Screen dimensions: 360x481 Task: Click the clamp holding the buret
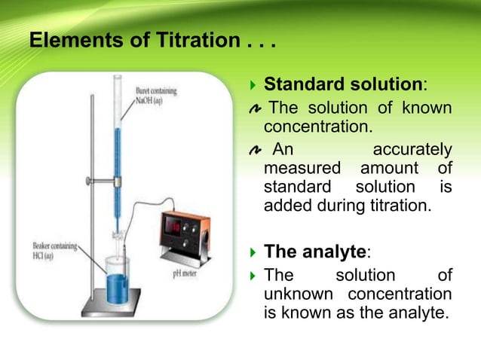106,181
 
